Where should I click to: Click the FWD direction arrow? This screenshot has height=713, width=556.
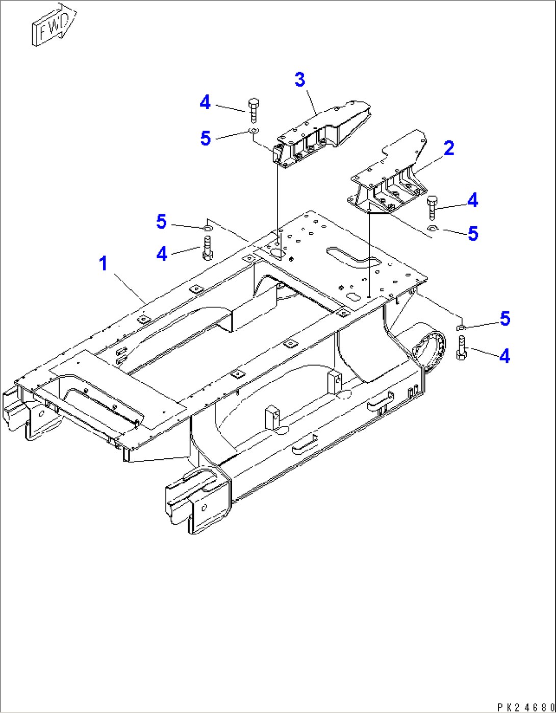[54, 26]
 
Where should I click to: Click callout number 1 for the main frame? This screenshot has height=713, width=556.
[104, 264]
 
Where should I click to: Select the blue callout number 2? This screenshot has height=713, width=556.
[449, 149]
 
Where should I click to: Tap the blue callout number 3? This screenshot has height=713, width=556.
[300, 80]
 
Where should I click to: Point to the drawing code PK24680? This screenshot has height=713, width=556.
[525, 707]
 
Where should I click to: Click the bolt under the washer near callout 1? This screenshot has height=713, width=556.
[208, 248]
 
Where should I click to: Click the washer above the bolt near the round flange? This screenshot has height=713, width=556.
[461, 327]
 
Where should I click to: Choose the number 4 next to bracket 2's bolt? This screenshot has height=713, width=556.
[473, 201]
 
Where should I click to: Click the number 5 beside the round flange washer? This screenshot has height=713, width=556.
[505, 319]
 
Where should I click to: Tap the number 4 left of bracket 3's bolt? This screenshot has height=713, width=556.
[205, 103]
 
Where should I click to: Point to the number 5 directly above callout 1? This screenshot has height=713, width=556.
[162, 222]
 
